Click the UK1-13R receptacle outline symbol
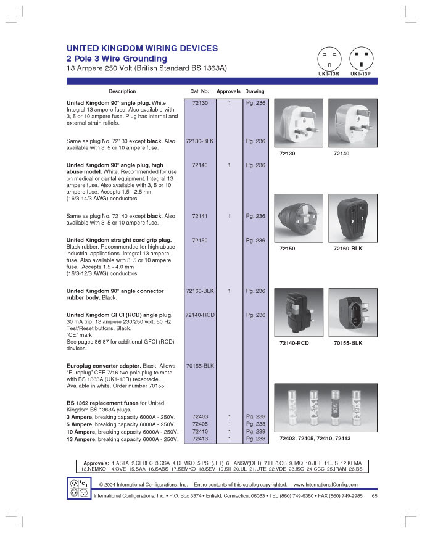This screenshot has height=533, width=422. tap(329, 59)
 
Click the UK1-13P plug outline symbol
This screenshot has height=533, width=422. tap(361, 59)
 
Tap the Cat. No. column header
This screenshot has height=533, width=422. tap(200, 91)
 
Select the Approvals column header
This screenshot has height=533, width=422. tap(228, 91)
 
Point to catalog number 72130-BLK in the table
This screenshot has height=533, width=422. tap(200, 141)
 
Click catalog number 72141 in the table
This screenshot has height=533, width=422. tap(200, 216)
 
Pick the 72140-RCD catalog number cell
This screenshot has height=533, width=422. tap(200, 315)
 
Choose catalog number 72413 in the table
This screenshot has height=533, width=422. tap(200, 439)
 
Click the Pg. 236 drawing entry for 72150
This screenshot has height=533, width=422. tap(255, 241)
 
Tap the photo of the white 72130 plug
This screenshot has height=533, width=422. tap(299, 123)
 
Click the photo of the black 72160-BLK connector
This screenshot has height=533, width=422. tap(353, 218)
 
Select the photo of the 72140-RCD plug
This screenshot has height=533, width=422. tap(299, 313)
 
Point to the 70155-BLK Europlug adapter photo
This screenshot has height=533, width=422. tap(353, 313)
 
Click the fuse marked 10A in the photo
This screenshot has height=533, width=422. tap(336, 408)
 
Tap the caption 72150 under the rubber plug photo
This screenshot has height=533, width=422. tap(288, 249)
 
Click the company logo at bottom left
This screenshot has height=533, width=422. tap(79, 488)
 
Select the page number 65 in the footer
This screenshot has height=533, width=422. tap(374, 496)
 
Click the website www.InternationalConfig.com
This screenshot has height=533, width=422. tap(325, 485)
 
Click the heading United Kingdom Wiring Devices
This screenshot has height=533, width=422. tap(142, 48)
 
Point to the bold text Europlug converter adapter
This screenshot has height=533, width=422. tap(104, 366)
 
